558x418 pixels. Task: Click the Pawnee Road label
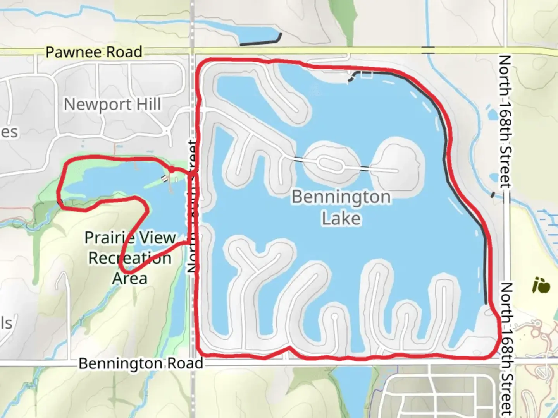94,52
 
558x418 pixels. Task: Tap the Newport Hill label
112,104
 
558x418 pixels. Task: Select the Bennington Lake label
341,207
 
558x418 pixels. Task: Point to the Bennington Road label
141,363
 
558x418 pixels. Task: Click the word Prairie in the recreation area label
130,238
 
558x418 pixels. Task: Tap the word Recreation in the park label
130,258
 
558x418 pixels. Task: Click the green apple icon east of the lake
541,286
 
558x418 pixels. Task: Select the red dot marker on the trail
171,169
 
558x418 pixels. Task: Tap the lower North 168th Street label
506,348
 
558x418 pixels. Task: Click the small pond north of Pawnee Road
256,36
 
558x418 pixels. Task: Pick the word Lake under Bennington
341,218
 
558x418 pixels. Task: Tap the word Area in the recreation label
130,278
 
